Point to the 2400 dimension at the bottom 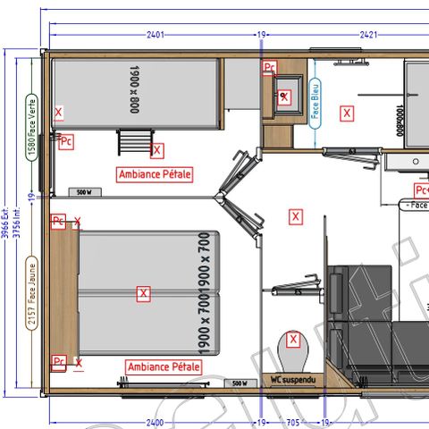(x=155, y=421)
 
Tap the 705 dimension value (x=292, y=421)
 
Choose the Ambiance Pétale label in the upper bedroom (x=155, y=173)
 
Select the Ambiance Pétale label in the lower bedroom (x=164, y=366)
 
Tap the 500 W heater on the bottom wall (x=239, y=383)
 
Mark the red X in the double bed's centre (x=142, y=292)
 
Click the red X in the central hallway (x=296, y=216)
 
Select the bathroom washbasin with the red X (x=285, y=97)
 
